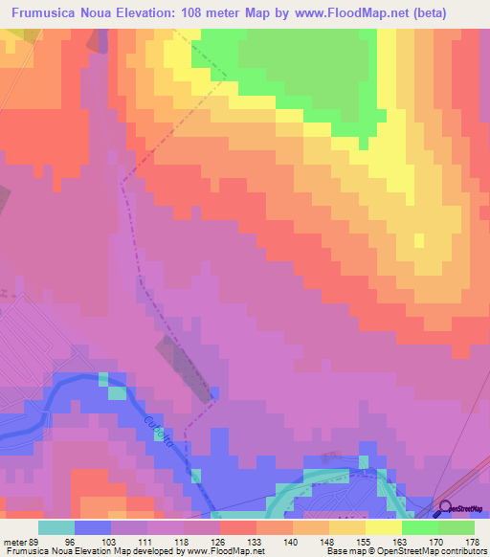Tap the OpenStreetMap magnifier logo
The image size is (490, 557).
point(444,508)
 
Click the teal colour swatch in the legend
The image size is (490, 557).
point(56,527)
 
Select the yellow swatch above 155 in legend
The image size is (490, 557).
point(345,527)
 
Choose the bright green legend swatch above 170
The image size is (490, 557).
point(418,527)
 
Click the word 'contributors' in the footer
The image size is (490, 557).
point(461,551)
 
